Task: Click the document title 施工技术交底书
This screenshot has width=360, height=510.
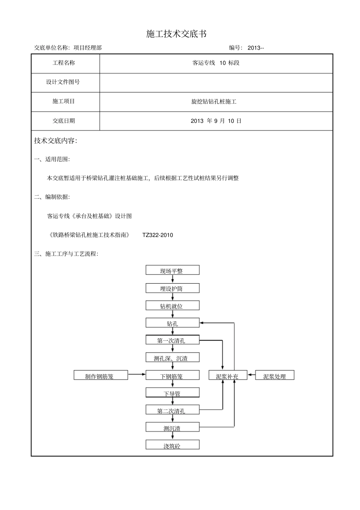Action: coord(176,34)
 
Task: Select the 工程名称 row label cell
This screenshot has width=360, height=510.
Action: coord(64,63)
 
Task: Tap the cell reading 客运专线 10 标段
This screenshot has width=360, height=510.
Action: coord(216,63)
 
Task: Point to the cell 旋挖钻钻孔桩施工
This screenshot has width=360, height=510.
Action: coord(214,102)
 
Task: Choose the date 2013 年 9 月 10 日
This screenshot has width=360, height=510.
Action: coord(216,121)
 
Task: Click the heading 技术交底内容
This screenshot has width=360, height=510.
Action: coord(55,141)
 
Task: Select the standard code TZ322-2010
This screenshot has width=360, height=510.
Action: coord(158,235)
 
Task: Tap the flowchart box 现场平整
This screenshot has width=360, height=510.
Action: coord(172,270)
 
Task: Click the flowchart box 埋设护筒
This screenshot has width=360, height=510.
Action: coord(172,288)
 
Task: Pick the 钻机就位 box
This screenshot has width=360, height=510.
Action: coord(172,306)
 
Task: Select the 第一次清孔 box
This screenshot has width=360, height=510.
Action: coord(172,340)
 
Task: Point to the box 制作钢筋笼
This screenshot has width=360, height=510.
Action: coord(101,376)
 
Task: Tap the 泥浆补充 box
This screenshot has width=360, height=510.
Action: coord(228,376)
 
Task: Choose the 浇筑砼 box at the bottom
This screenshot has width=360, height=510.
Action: coord(172,446)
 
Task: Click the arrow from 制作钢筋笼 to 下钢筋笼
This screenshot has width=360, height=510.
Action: coord(137,375)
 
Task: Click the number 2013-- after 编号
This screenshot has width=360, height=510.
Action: coord(255,48)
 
